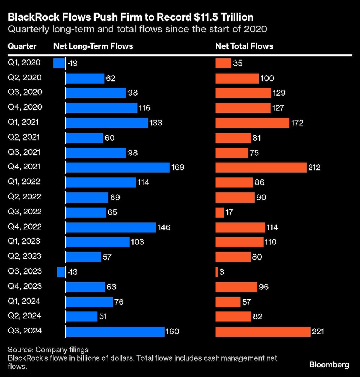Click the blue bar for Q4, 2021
click(x=117, y=168)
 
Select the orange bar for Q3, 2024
click(x=263, y=332)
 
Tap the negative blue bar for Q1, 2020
click(x=59, y=63)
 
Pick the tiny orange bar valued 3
click(x=216, y=272)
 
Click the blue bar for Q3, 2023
click(x=61, y=272)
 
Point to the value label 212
click(x=314, y=168)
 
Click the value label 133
click(x=156, y=123)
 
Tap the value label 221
click(x=318, y=332)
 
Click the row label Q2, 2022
click(x=24, y=197)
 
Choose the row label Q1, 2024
click(x=24, y=301)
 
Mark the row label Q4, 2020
click(x=24, y=107)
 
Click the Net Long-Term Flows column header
click(x=93, y=46)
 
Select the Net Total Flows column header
click(x=244, y=46)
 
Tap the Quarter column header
click(x=22, y=46)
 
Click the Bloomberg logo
click(x=329, y=365)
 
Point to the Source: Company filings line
click(x=48, y=350)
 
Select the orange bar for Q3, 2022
click(x=220, y=213)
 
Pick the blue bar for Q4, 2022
click(x=110, y=227)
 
